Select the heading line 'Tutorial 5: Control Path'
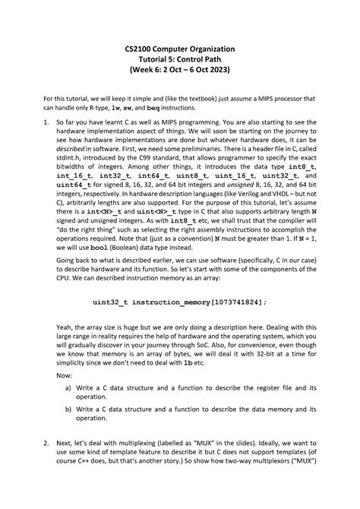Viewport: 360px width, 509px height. pyautogui.click(x=180, y=59)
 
